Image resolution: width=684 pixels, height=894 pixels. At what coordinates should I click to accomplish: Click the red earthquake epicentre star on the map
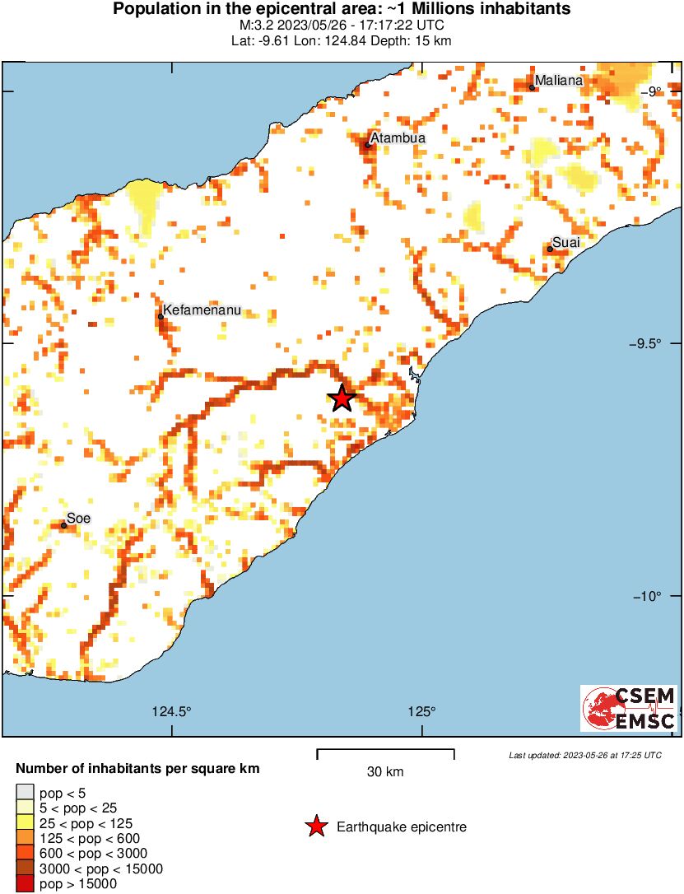coord(342,398)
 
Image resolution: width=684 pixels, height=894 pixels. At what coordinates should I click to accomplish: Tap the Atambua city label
coord(398,138)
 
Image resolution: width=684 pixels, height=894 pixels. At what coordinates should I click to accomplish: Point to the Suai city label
coord(566,242)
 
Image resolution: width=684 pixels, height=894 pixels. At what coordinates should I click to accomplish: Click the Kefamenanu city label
coord(202,310)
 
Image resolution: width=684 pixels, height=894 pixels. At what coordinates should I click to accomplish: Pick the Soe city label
coord(78,518)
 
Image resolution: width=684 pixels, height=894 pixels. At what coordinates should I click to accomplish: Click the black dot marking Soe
coord(63,525)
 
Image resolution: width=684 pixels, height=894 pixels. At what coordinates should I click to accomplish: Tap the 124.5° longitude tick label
coord(172,712)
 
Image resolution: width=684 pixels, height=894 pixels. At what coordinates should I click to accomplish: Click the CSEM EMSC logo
coord(629,709)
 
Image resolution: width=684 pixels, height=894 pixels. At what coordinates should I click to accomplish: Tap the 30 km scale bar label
coord(385,771)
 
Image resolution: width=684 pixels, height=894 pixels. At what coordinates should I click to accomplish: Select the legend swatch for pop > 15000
coord(25,883)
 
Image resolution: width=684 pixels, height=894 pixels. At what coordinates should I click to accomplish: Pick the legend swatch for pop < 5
coord(25,794)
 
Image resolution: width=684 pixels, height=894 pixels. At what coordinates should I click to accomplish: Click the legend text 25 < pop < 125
coord(86,823)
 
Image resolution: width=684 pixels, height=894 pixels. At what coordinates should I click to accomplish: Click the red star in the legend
coord(316,826)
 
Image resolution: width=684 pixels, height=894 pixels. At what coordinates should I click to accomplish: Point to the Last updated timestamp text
coord(584,755)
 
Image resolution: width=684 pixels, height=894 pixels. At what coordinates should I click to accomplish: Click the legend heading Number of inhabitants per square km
coord(138,769)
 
